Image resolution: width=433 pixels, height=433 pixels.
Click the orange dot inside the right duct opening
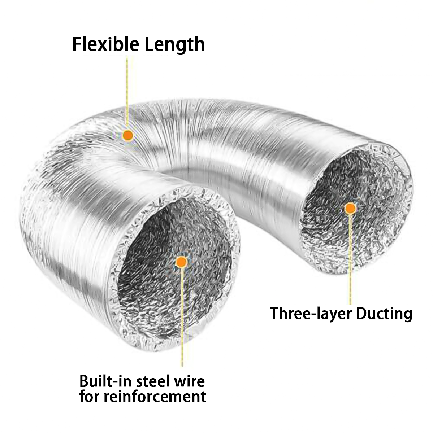(x=350, y=208)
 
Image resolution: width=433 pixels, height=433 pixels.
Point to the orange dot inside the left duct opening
(x=181, y=262)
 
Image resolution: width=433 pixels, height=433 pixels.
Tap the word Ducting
(x=384, y=314)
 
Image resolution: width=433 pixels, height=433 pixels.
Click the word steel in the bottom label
(x=153, y=381)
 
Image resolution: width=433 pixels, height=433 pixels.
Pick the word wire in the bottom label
(x=190, y=381)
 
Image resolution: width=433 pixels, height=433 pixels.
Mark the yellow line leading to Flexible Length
(x=127, y=90)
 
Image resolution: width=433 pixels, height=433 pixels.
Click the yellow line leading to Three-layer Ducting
(x=350, y=260)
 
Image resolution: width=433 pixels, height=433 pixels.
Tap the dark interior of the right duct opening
(x=325, y=202)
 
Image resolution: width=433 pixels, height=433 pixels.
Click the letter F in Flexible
(x=77, y=44)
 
